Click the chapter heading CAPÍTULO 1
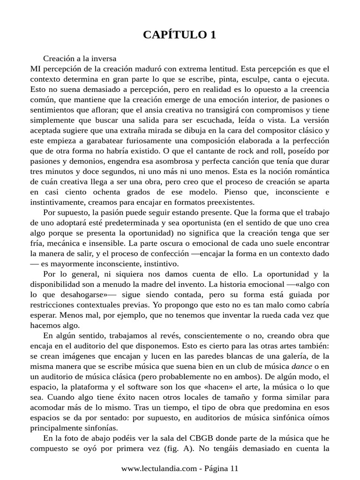click(x=180, y=35)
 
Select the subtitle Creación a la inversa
click(x=80, y=59)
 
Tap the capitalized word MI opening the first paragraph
click(x=34, y=68)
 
